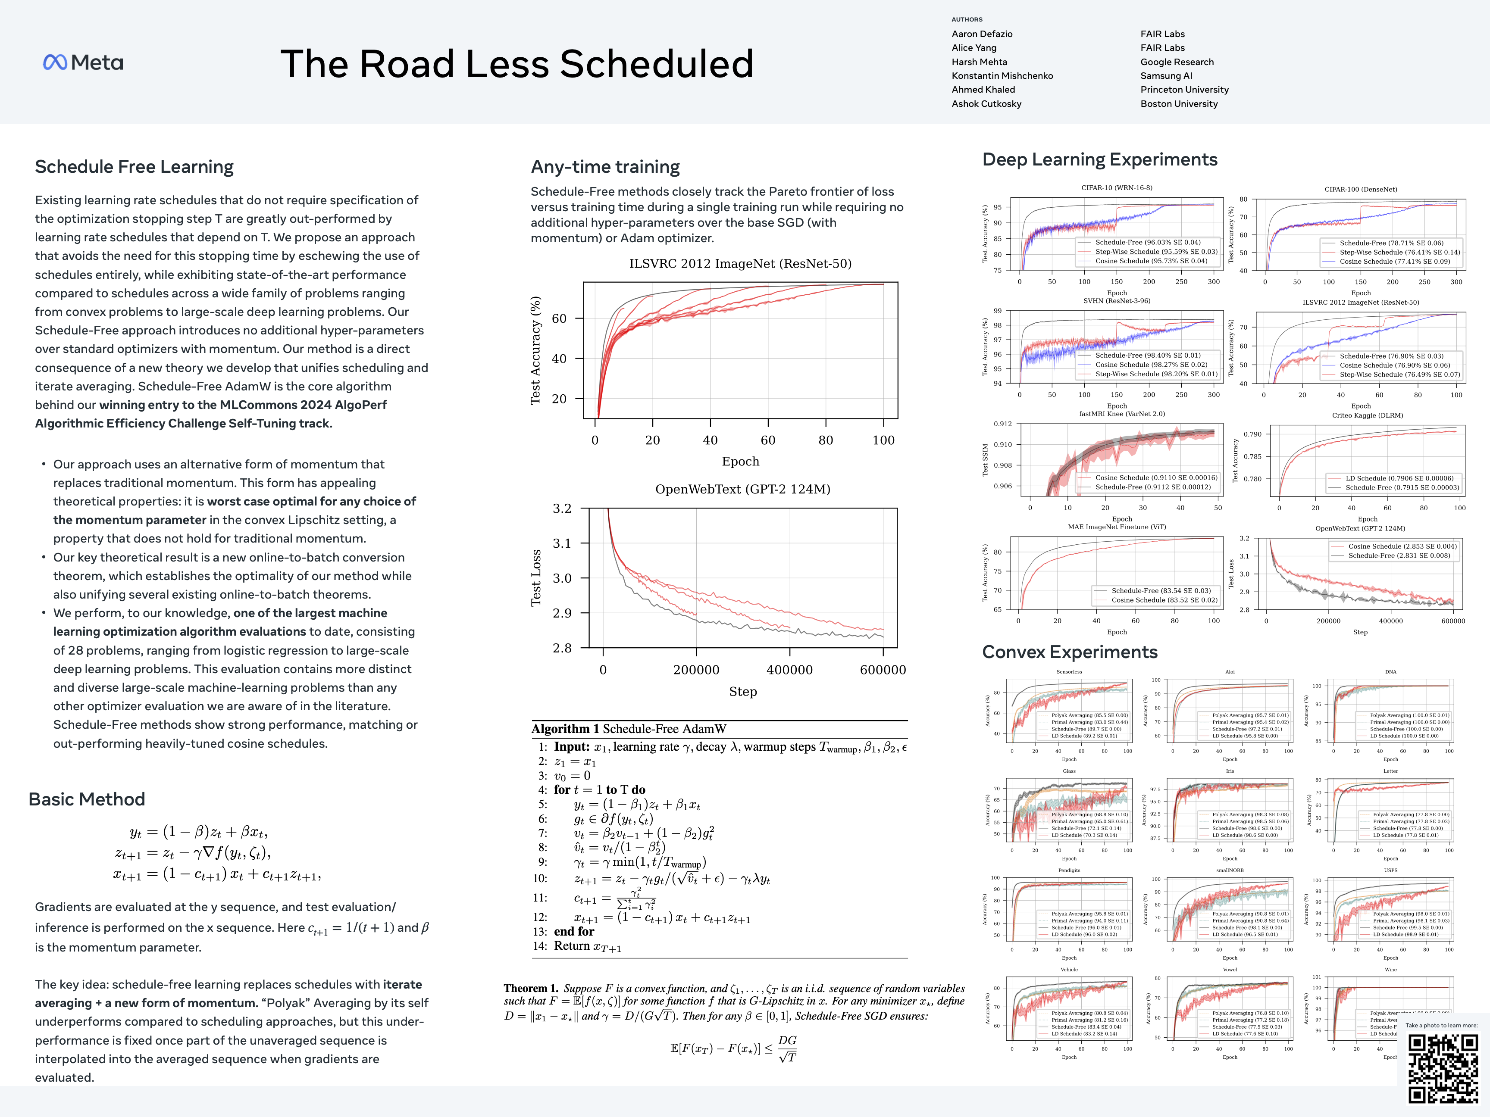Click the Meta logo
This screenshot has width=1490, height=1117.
83,62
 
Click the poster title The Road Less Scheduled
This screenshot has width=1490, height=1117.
516,64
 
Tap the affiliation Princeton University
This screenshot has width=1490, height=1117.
1184,90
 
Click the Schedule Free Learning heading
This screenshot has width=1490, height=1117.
134,166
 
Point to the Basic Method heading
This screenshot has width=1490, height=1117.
87,799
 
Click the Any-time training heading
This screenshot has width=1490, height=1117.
605,166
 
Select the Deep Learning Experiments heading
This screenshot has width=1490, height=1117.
1099,159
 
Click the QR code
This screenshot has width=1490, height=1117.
1443,1069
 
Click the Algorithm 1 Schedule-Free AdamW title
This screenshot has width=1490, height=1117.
629,729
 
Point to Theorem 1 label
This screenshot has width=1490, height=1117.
531,989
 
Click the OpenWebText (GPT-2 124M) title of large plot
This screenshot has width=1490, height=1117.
742,490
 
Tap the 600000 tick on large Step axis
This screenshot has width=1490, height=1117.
883,670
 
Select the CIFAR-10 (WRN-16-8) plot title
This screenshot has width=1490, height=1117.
1116,188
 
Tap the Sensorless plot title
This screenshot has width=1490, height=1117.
1069,672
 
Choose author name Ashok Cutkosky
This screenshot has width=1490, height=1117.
986,104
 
